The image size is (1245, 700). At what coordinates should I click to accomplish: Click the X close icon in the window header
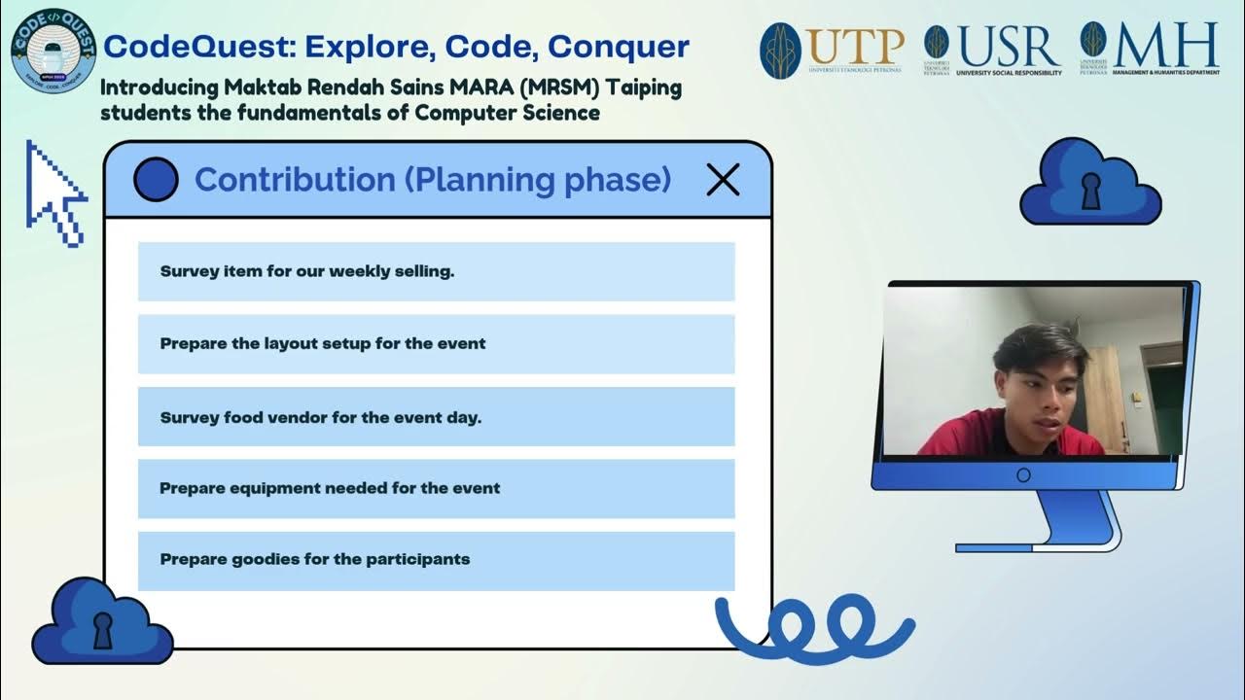(x=723, y=180)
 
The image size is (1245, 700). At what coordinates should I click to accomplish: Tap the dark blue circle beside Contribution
(x=156, y=180)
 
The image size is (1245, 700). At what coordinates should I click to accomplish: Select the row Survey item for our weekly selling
(x=436, y=271)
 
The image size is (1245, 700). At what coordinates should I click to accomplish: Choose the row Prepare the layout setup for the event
(x=436, y=343)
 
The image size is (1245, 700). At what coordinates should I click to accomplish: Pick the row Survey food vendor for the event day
(x=436, y=417)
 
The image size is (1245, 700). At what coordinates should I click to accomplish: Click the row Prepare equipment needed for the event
(x=436, y=488)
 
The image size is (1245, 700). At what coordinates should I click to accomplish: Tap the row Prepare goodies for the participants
(x=436, y=560)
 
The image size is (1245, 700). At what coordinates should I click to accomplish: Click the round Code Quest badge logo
(x=53, y=50)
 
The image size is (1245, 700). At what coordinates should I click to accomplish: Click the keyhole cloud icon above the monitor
(x=1090, y=184)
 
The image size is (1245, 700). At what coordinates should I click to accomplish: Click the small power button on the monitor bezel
(x=1023, y=475)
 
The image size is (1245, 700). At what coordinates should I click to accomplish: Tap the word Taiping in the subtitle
(x=644, y=87)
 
